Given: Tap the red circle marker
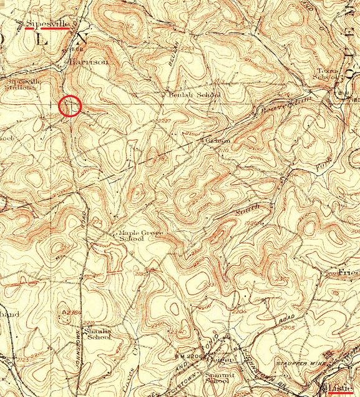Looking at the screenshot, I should [x=71, y=106].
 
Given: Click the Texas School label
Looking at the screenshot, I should [x=328, y=75].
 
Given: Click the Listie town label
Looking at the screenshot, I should [x=340, y=388].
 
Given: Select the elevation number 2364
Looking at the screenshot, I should [x=73, y=312].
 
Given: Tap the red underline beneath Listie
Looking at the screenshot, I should [x=340, y=394].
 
